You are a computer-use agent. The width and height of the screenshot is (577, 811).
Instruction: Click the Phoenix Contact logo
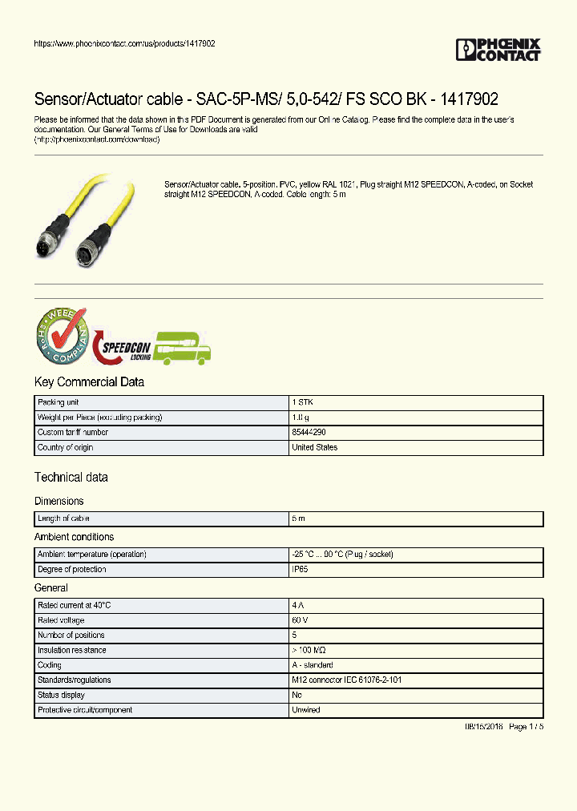pos(498,50)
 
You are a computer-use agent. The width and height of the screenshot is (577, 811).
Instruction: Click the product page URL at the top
pos(124,43)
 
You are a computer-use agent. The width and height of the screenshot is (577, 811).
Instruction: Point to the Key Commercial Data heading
pos(89,382)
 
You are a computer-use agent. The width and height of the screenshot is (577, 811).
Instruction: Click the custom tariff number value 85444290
pos(309,433)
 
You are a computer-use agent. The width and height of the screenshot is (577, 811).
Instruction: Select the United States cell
pos(315,448)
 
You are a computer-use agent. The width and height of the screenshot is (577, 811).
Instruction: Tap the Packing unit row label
pos(58,402)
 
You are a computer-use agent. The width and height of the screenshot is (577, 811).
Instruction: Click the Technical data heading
pos(71,478)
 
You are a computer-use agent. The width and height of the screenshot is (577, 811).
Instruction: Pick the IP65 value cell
pos(301,570)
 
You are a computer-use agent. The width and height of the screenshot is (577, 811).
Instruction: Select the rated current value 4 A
pos(298,606)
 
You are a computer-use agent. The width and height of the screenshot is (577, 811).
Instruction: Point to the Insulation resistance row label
pos(72,651)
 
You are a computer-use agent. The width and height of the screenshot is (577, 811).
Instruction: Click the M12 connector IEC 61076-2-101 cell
pos(345,680)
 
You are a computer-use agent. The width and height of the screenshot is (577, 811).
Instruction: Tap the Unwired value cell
pos(306,710)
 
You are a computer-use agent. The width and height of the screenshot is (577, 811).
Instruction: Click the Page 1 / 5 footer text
pos(526,726)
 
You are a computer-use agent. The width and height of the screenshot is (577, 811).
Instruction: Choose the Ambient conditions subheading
pos(74,537)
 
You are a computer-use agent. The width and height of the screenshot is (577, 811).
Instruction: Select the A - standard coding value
pos(313,665)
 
